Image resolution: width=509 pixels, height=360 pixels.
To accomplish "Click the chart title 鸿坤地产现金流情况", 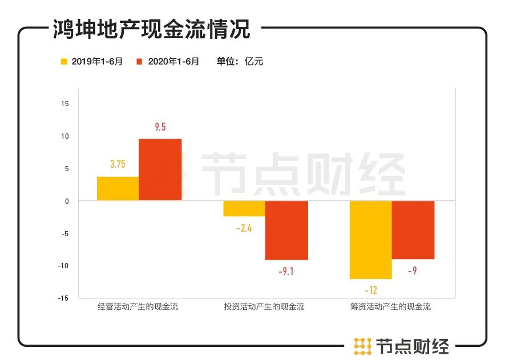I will pos(151,29).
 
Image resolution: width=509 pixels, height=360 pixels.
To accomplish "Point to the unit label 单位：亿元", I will pos(240,62).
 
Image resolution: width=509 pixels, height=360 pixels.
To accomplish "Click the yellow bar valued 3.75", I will pos(118,188).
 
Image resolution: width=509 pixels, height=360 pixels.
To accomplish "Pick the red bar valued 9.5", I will pos(160,169).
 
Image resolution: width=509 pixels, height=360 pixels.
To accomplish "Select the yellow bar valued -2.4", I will pos(244,208).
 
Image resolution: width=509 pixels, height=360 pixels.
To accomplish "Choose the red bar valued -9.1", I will pos(286,230).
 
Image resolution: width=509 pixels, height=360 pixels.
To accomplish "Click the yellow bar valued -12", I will pos(370,240).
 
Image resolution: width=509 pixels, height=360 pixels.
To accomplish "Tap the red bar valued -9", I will pos(413,229).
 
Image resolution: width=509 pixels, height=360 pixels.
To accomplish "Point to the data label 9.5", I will pos(160,127).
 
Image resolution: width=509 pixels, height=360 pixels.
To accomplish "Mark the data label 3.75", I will pos(118,164).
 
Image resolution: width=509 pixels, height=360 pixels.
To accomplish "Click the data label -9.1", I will pos(286,272).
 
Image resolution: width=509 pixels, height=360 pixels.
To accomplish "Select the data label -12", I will pos(370,290).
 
